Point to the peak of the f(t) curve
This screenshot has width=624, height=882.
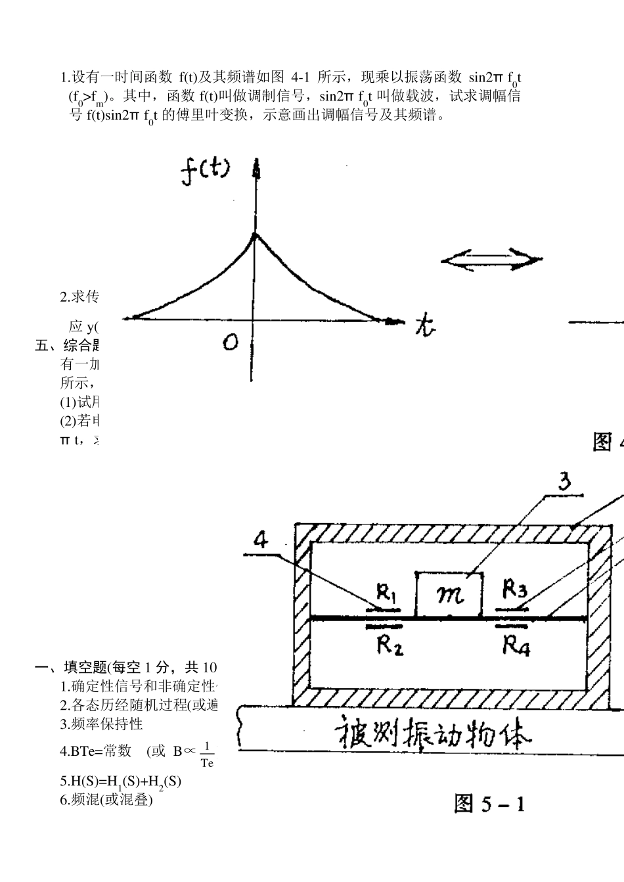point(256,233)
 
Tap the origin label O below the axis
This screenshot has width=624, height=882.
point(230,342)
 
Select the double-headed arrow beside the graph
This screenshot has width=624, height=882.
point(491,260)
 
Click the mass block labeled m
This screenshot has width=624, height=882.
point(450,594)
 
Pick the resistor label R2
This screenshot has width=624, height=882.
point(389,645)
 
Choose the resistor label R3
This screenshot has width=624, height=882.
point(514,589)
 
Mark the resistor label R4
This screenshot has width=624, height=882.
point(516,645)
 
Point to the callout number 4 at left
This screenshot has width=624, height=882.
point(261,540)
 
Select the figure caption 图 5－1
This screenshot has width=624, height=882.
point(489,802)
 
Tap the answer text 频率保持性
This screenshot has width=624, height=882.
point(107,724)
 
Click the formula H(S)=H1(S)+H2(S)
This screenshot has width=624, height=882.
point(120,781)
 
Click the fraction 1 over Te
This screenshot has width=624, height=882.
point(207,754)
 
